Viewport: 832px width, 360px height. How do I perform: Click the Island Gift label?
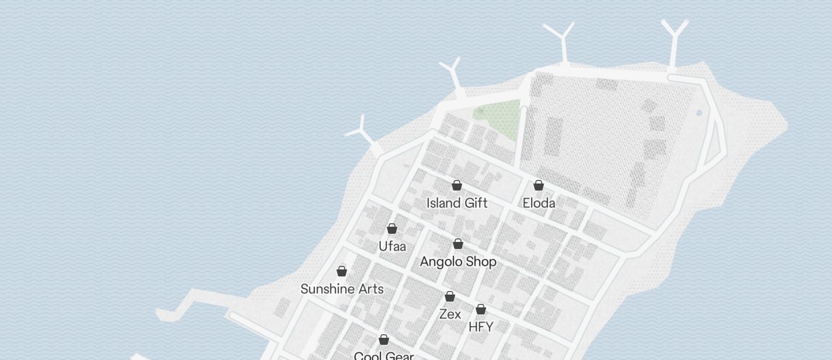point(457,203)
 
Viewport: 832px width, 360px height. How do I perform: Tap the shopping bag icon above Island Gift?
point(457,185)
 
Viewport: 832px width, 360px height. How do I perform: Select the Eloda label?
point(539,203)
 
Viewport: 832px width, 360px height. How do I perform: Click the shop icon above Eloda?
point(539,185)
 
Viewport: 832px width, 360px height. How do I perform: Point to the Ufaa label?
point(392,246)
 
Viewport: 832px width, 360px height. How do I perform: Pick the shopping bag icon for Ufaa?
point(392,229)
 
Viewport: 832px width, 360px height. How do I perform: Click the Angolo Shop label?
point(458,261)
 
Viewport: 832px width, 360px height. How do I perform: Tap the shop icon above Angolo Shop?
point(458,244)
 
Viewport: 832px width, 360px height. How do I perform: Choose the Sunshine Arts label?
point(342,289)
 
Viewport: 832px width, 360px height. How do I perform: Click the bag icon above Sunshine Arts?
point(342,271)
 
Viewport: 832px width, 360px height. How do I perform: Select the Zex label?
point(450,314)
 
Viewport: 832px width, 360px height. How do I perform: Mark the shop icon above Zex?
point(450,296)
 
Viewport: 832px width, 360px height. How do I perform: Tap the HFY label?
point(481,327)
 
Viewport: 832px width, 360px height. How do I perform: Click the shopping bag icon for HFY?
point(481,309)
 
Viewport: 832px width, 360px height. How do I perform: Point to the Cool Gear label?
point(384,355)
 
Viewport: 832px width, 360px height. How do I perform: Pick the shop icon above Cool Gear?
point(384,340)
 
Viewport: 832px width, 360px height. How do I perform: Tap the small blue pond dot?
point(699,113)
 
